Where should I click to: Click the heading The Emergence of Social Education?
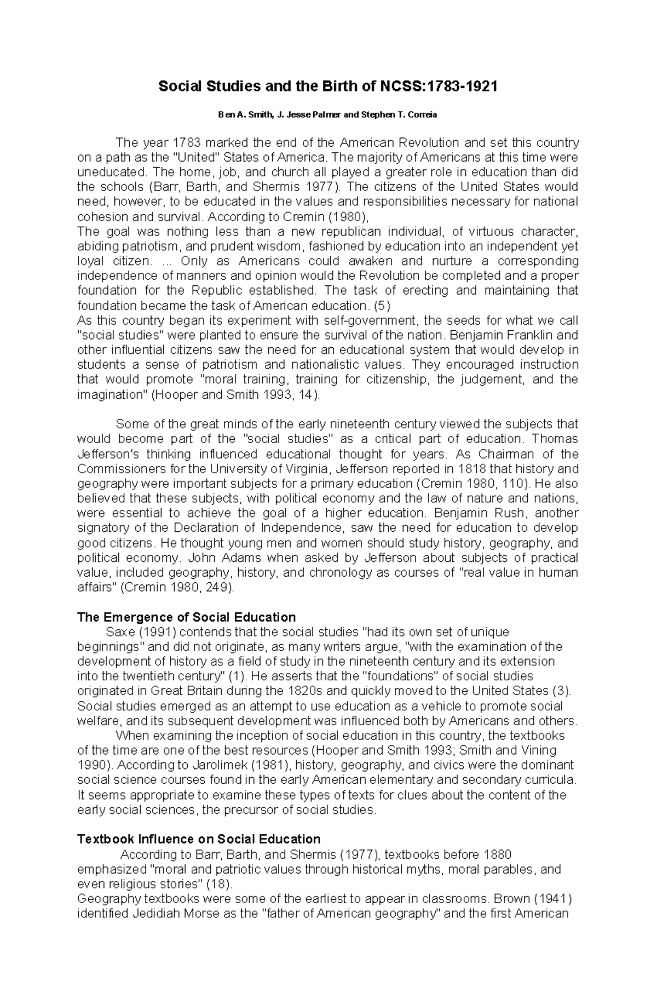pos(186,617)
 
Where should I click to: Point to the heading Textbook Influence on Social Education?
pos(199,839)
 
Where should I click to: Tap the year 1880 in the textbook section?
pos(497,854)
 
